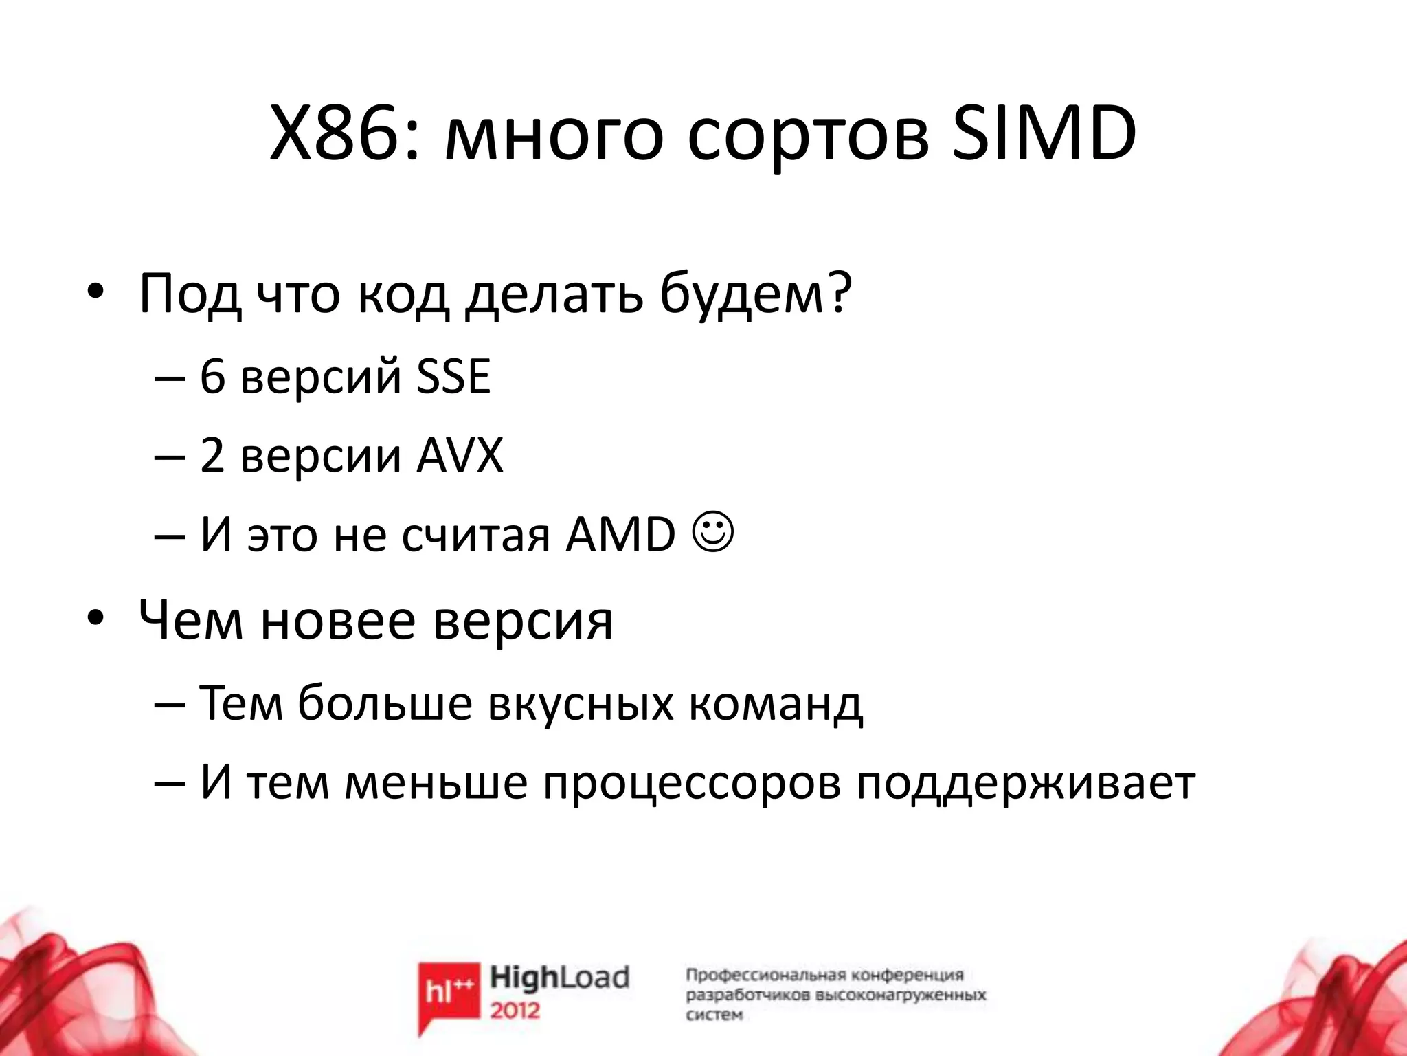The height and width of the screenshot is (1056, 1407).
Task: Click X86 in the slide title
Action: (336, 135)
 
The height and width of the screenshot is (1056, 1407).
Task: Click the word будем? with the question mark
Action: (755, 294)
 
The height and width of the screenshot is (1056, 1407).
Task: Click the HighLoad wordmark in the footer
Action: (559, 978)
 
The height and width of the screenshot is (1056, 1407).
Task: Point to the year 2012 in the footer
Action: (515, 1010)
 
